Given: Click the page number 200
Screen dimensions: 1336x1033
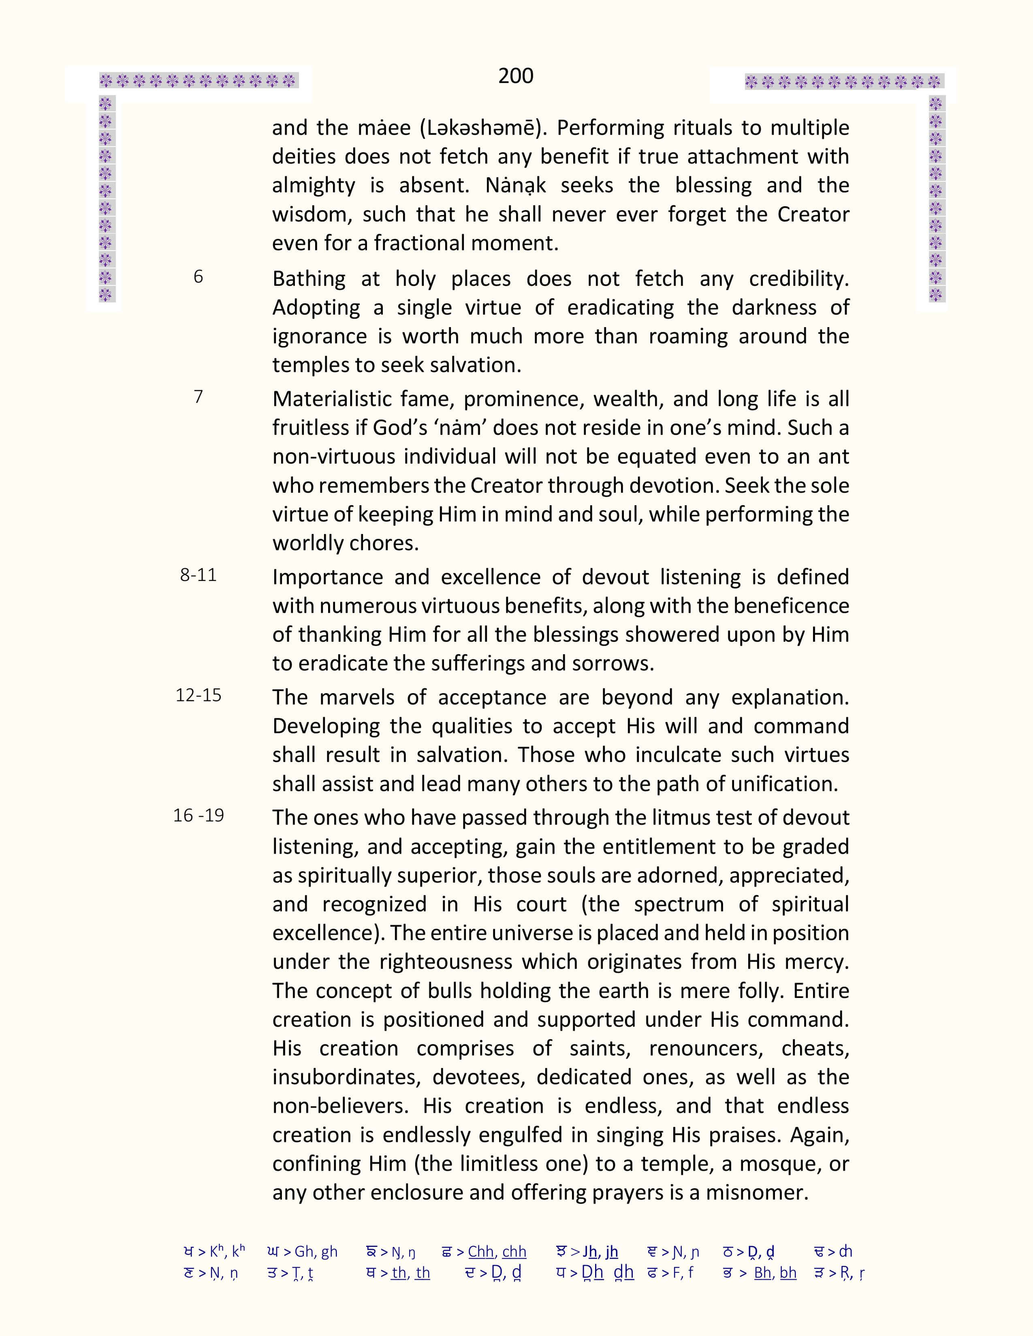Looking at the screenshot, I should (515, 76).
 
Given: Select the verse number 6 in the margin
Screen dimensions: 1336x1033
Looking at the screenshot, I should (198, 277).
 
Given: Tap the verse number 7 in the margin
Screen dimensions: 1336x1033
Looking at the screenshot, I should (198, 397).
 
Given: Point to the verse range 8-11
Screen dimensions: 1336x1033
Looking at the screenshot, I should (198, 575).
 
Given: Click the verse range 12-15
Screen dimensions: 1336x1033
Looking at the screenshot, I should (198, 696).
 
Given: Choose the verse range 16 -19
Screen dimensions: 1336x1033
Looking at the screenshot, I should (198, 815).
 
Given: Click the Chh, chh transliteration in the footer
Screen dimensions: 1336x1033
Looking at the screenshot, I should (497, 1252).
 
